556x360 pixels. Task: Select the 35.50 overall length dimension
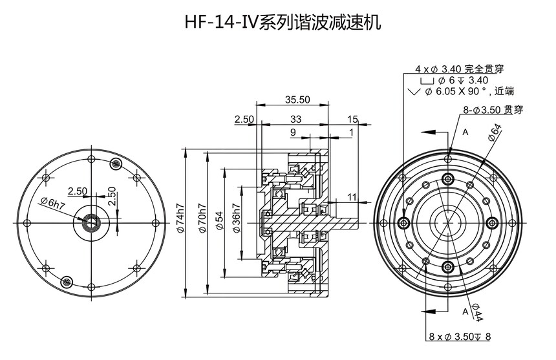pos(297,100)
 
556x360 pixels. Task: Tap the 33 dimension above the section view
pos(295,119)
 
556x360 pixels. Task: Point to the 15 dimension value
pos(352,119)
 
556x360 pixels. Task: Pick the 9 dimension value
pos(293,132)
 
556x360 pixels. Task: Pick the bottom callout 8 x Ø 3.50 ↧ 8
pos(460,336)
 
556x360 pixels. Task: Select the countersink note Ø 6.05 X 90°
pos(462,92)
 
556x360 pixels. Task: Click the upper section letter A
pos(465,131)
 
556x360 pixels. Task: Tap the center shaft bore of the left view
pos(90,223)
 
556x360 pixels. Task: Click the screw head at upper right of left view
pos(116,164)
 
